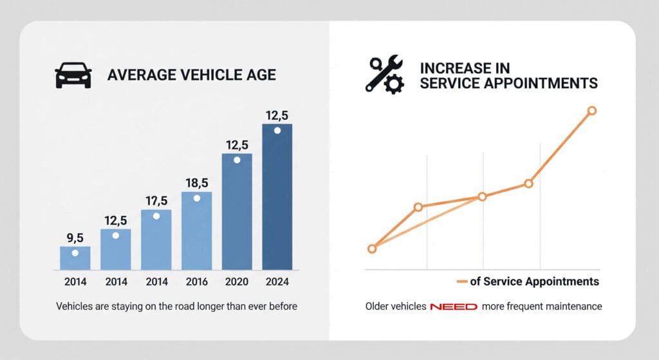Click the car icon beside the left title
tap(73, 75)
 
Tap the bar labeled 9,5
tap(75, 258)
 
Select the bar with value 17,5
tap(156, 240)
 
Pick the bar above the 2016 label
tap(196, 231)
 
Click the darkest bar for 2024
tap(277, 196)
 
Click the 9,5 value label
tap(75, 238)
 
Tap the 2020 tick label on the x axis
tap(237, 282)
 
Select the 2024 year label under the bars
tap(277, 282)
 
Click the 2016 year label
tap(196, 282)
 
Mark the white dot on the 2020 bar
tap(237, 160)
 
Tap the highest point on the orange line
tap(592, 111)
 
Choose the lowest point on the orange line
tap(372, 249)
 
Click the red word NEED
tap(454, 307)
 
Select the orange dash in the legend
tap(461, 281)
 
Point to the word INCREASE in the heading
tap(450, 68)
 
